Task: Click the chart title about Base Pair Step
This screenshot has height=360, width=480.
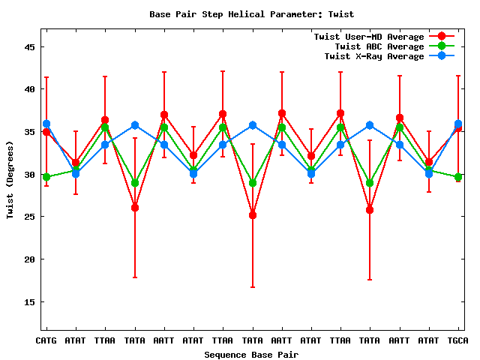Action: (251, 14)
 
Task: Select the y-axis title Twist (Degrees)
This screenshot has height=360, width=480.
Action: (10, 181)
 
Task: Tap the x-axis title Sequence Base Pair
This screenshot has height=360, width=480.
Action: (251, 355)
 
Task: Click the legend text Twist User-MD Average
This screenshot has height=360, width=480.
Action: (368, 37)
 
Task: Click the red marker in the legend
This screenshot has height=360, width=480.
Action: (442, 37)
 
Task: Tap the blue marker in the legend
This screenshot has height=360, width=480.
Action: (442, 56)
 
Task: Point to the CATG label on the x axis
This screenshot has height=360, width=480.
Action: (46, 341)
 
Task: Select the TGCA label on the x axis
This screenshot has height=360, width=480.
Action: (458, 341)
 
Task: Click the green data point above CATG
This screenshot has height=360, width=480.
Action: (46, 177)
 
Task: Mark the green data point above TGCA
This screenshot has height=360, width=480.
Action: (458, 177)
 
